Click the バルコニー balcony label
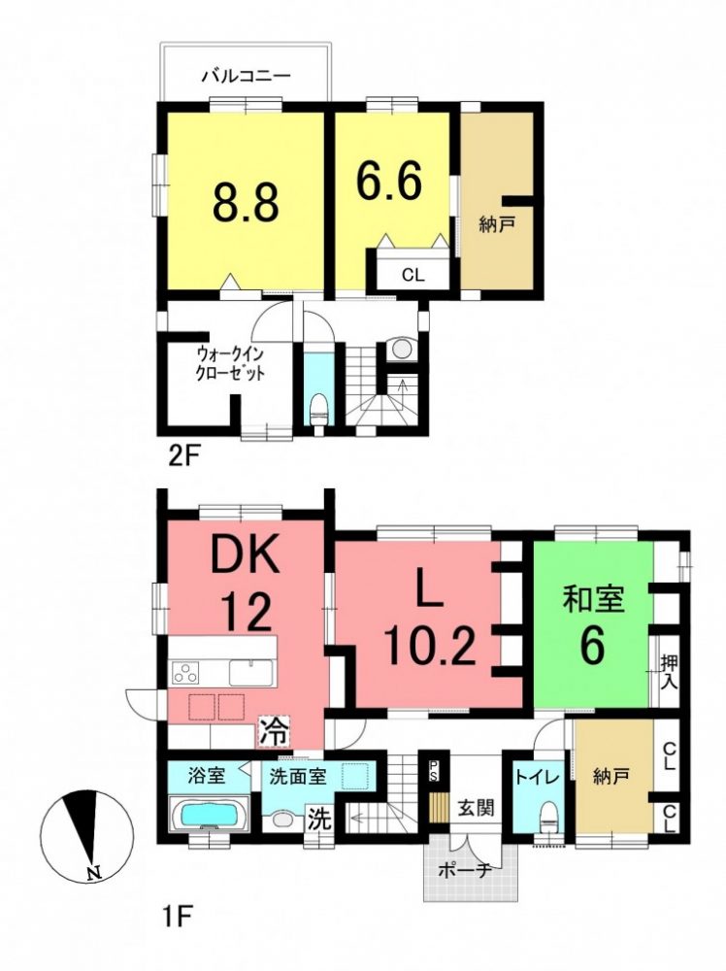(246, 76)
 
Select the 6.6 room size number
(389, 181)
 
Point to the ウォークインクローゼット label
(231, 364)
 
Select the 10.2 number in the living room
(430, 644)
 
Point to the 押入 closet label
(669, 673)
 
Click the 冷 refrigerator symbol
(273, 732)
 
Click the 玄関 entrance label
(476, 807)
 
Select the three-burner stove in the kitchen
(185, 673)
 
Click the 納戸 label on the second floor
(497, 225)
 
